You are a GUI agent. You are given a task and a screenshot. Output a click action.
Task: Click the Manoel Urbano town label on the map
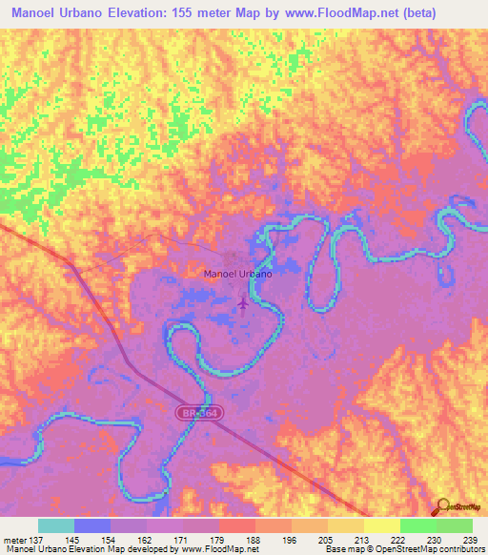point(238,274)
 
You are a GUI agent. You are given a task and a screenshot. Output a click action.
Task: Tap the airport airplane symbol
point(242,304)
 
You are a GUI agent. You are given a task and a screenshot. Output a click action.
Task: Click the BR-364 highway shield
point(190,411)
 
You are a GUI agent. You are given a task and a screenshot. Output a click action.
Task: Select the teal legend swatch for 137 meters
point(56,525)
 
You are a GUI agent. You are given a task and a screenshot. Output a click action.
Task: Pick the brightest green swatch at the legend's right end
point(455,525)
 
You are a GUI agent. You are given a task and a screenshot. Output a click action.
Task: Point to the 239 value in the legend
point(469,540)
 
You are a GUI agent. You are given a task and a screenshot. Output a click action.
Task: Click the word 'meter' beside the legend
point(17,540)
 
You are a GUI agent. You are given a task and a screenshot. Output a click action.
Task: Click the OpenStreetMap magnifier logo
point(440,508)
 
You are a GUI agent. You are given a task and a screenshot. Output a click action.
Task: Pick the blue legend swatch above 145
point(92,525)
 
